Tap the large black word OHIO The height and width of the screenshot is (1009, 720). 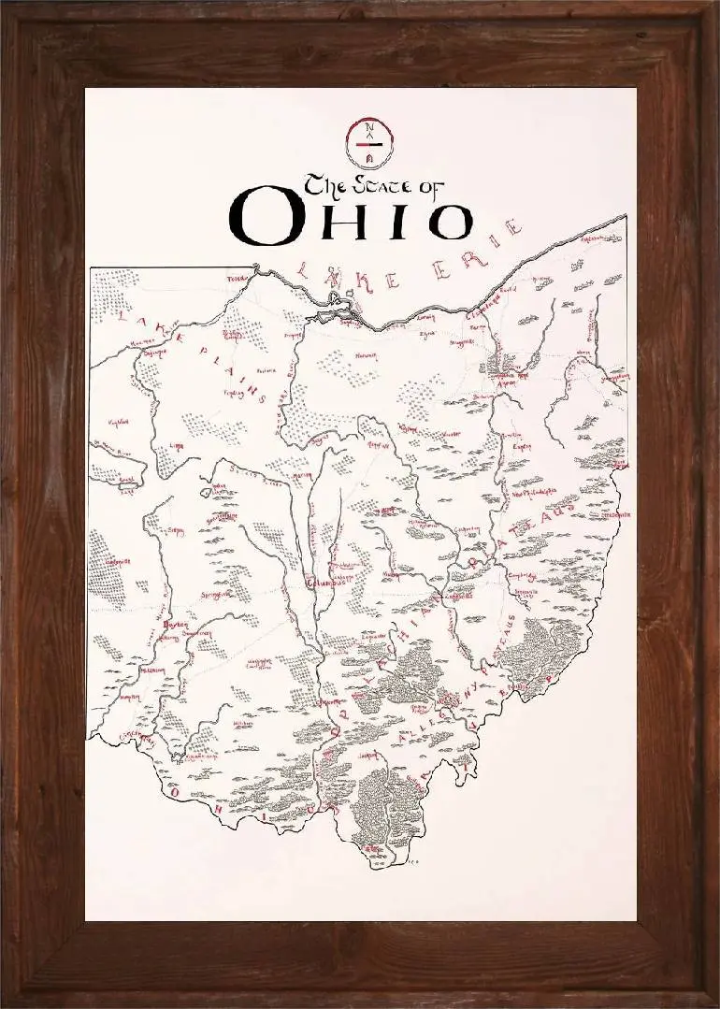(352, 216)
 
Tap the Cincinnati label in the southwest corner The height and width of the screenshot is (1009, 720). (135, 737)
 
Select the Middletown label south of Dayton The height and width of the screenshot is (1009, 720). (151, 670)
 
